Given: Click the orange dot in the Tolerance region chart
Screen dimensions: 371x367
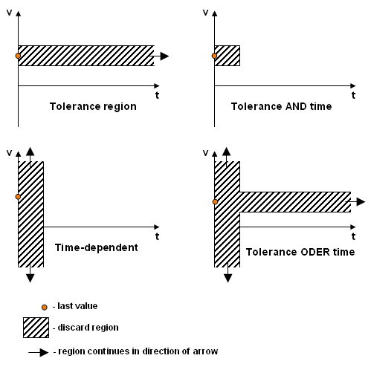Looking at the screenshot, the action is pyautogui.click(x=18, y=56).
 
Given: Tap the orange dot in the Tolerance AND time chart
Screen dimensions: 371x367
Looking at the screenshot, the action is pyautogui.click(x=214, y=56).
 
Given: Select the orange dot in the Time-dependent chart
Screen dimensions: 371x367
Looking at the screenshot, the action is pyautogui.click(x=18, y=197).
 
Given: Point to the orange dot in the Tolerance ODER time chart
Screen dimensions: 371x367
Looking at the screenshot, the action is pyautogui.click(x=215, y=202).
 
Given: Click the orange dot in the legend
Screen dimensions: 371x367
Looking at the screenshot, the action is pyautogui.click(x=45, y=308).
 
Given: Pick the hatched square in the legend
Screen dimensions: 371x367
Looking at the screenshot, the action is pyautogui.click(x=36, y=328).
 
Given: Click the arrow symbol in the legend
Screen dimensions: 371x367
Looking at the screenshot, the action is pyautogui.click(x=39, y=352).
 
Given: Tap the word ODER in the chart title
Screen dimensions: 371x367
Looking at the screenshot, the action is pyautogui.click(x=315, y=252).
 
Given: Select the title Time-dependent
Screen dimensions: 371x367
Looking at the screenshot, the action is pyautogui.click(x=97, y=247).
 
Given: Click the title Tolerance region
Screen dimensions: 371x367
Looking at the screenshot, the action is pyautogui.click(x=93, y=106).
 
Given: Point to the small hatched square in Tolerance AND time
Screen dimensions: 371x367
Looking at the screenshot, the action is pyautogui.click(x=228, y=56).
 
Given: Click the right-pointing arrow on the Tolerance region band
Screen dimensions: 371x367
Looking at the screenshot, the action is pyautogui.click(x=159, y=56).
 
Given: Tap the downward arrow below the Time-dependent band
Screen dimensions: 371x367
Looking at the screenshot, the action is pyautogui.click(x=30, y=273).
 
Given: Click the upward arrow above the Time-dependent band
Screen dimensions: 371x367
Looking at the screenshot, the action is pyautogui.click(x=30, y=157).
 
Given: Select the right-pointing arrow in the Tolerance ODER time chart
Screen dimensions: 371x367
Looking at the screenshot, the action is pyautogui.click(x=355, y=202).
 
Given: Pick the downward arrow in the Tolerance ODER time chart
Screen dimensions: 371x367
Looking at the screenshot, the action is pyautogui.click(x=228, y=273).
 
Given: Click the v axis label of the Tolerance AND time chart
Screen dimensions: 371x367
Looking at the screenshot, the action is pyautogui.click(x=205, y=13).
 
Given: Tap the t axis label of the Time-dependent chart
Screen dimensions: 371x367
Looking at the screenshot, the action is pyautogui.click(x=157, y=236).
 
